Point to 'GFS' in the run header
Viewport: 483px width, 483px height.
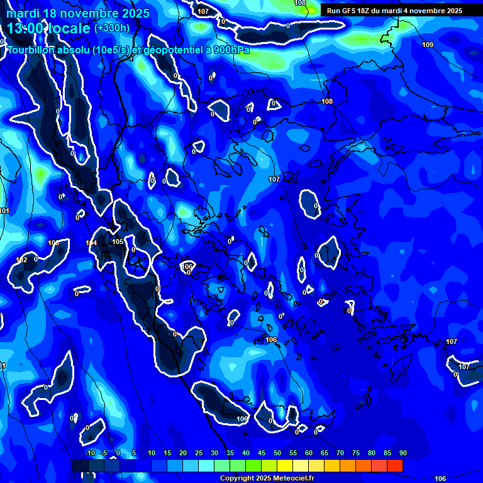(x=352, y=11)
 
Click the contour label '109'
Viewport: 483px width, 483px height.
(x=428, y=45)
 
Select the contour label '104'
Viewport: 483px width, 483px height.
(x=91, y=243)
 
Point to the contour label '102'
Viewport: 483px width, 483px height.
(x=21, y=260)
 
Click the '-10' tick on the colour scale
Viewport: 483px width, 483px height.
(x=90, y=453)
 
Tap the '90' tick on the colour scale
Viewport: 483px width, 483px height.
(x=402, y=453)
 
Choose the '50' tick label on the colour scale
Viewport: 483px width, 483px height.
(x=277, y=453)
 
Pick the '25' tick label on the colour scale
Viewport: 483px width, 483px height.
(x=199, y=453)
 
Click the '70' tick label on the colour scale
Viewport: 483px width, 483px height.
(x=340, y=453)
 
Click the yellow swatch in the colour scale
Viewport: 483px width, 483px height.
(x=285, y=465)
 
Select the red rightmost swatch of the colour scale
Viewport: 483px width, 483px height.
(x=394, y=465)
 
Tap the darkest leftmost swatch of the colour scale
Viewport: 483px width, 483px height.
(x=80, y=465)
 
